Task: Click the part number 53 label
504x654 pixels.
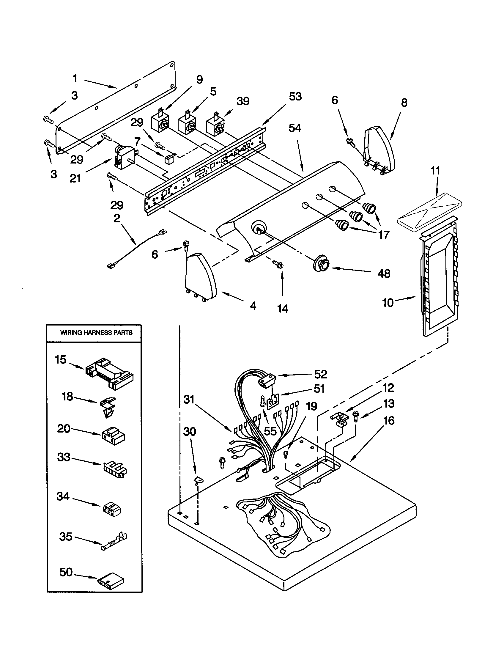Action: click(295, 97)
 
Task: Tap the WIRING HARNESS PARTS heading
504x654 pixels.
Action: click(96, 333)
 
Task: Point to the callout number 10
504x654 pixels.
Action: click(388, 303)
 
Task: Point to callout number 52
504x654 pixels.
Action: click(321, 374)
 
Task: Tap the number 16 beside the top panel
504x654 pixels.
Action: click(389, 421)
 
